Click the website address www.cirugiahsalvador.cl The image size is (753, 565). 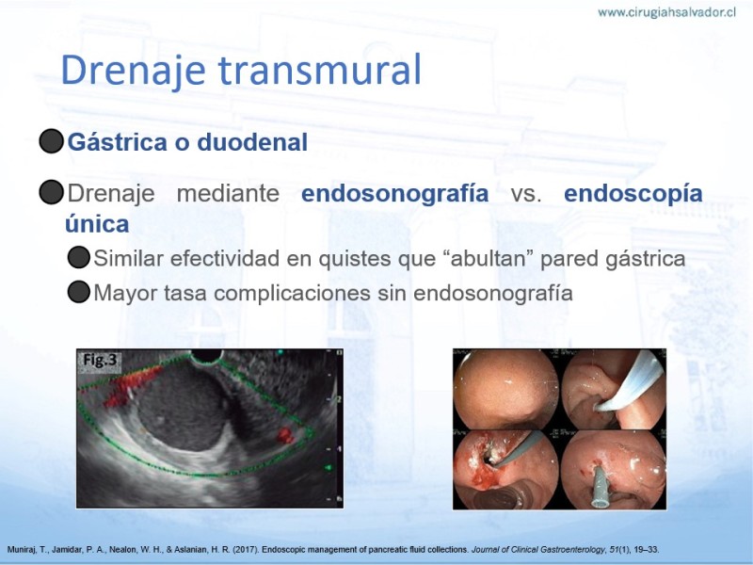coord(666,13)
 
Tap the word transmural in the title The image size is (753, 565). coord(320,70)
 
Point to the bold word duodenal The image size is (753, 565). coord(252,142)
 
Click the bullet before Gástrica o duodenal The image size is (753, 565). coord(52,141)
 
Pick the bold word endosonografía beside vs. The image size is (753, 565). coord(394,193)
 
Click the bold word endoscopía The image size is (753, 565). coord(633,193)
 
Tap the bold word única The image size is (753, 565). coord(97,224)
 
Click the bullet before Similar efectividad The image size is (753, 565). coord(79,257)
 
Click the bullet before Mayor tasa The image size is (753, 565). coord(79,292)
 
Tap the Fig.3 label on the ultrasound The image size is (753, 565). coord(100,360)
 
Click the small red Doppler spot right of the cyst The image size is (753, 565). coord(285,435)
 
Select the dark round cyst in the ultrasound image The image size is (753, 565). coord(184,408)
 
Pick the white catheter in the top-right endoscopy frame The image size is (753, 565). coord(628,383)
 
